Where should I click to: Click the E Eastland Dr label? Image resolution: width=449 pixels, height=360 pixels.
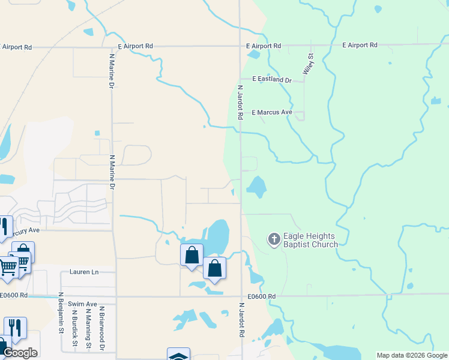pos(271,79)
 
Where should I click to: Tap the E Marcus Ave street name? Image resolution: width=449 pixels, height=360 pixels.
pos(271,112)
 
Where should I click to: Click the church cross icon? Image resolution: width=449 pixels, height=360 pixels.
pos(274,240)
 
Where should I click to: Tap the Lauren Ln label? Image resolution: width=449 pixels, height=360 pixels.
pos(83,272)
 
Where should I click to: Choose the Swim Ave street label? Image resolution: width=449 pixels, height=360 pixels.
pos(82,304)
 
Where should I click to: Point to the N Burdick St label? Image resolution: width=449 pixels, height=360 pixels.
pos(75,327)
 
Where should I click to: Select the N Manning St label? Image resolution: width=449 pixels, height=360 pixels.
pos(88,327)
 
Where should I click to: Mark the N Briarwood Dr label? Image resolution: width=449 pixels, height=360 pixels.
pos(103,330)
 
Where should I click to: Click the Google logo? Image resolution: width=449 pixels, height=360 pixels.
pos(20,353)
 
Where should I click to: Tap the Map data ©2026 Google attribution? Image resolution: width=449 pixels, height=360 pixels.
pos(412,355)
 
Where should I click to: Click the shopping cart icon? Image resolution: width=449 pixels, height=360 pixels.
pos(7,265)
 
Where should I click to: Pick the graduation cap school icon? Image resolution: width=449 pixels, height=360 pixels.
pos(178,355)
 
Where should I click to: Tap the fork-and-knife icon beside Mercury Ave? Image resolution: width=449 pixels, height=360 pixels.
pos(4,227)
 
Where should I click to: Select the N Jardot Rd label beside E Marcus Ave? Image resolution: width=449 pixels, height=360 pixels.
pos(240,102)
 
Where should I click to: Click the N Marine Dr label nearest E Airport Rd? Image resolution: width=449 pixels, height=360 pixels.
pos(112,72)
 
